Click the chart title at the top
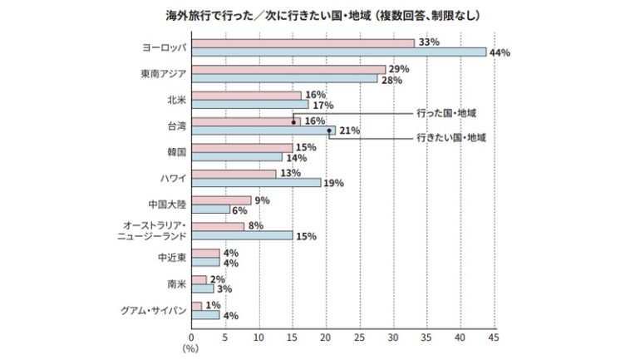pos(320,15)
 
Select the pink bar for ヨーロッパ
pos(303,42)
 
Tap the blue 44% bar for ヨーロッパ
pos(338,52)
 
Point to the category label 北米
pos(176,101)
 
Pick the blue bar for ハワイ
pos(256,183)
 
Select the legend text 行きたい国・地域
pos(451,138)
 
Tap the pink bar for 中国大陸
pos(221,200)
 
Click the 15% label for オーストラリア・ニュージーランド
pos(307,236)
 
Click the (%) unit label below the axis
pos(191,349)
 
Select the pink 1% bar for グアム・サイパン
pos(196,306)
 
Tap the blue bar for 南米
pos(202,288)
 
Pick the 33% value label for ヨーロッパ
pos(429,42)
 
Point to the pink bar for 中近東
pos(205,254)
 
